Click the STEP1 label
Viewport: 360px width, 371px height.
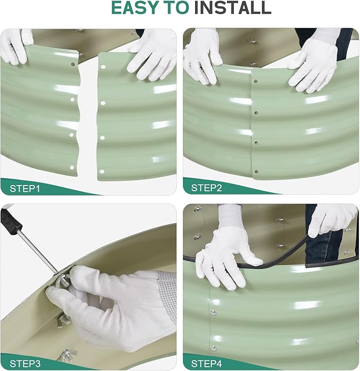point(25,188)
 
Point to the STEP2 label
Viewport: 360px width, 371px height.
point(208,188)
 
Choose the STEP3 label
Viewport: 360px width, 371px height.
point(25,364)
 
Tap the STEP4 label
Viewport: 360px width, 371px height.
point(208,364)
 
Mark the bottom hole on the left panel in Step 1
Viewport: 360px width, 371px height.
point(72,167)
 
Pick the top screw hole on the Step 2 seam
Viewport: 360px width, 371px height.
point(256,82)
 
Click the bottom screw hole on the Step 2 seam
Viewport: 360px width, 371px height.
point(257,171)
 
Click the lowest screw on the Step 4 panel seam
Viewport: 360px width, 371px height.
point(213,348)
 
